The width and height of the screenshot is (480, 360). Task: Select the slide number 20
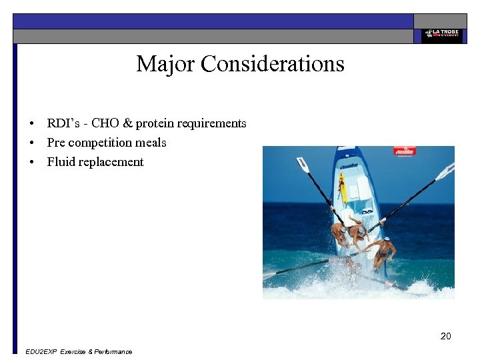click(445, 336)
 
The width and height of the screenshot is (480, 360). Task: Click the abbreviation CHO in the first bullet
click(105, 123)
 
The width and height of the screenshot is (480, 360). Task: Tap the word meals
click(151, 143)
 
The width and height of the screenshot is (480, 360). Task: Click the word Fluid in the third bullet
click(61, 162)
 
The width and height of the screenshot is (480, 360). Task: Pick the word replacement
click(111, 162)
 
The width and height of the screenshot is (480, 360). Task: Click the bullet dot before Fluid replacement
click(31, 163)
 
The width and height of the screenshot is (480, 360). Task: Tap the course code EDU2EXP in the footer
click(40, 351)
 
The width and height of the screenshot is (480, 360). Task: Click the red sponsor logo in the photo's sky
click(404, 151)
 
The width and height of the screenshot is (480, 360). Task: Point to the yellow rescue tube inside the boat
click(343, 187)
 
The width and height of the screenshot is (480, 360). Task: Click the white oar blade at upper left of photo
click(303, 165)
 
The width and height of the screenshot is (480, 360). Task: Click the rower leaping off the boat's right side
click(383, 252)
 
